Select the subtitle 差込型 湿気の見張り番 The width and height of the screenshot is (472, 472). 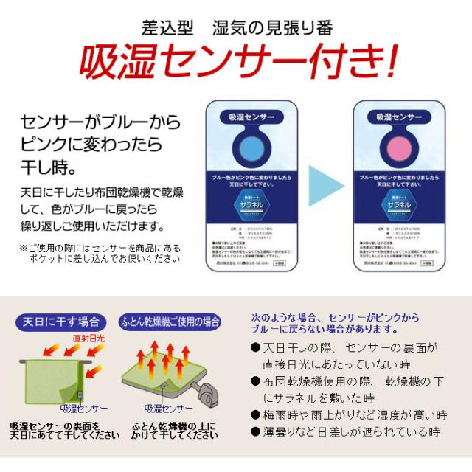point(236,28)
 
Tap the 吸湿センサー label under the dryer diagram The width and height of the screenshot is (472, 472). point(169,408)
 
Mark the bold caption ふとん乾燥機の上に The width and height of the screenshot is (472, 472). point(176,431)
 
